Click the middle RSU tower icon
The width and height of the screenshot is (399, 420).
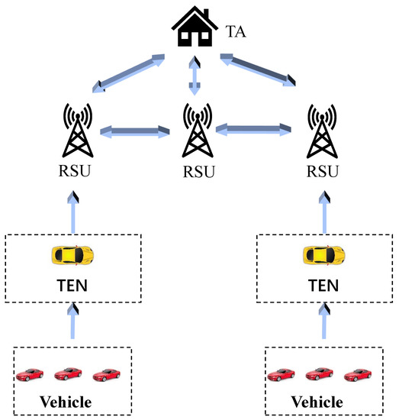click(196, 131)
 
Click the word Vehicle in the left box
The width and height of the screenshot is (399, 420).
click(66, 401)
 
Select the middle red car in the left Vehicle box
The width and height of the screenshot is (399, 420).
click(67, 373)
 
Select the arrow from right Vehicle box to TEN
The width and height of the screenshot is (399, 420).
click(325, 323)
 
